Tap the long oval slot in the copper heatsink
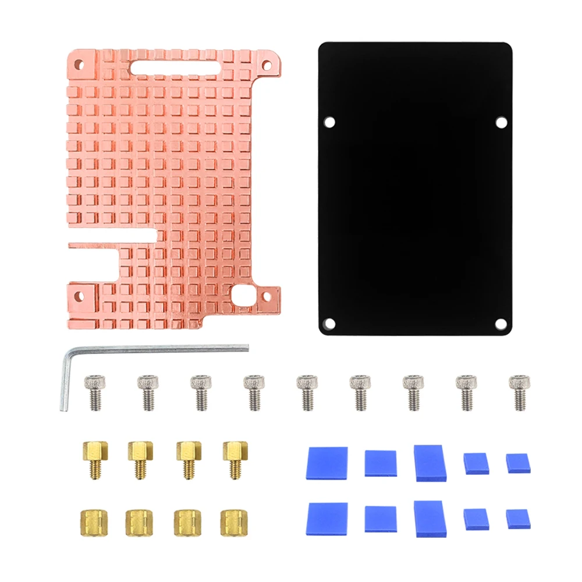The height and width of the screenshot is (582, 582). pos(175,67)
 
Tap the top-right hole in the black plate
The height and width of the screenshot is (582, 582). pos(501,122)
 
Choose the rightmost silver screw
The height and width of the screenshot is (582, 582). pos(519,392)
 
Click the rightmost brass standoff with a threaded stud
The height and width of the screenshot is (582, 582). pos(234,457)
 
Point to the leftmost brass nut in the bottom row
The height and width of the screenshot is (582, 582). pos(91,522)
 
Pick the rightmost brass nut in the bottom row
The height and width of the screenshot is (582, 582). pos(233,522)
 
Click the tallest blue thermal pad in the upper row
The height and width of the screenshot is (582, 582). pos(430,463)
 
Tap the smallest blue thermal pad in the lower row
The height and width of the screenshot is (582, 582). pos(517,518)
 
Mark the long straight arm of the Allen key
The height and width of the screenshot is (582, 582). pos(157,349)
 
